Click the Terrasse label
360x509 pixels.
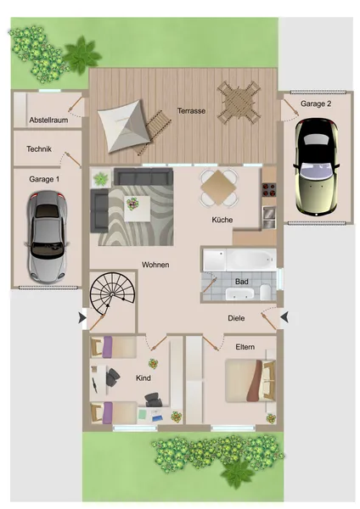point(191,110)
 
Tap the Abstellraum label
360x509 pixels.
point(48,120)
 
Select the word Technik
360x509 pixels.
point(39,149)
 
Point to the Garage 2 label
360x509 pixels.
point(316,103)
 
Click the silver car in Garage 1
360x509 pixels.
point(47,238)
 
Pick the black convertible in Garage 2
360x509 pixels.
point(317,167)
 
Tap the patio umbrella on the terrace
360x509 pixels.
point(124,126)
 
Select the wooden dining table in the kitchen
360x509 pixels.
point(218,188)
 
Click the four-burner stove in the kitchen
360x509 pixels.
point(269,190)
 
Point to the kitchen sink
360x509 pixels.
point(269,217)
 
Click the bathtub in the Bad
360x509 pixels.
point(251,260)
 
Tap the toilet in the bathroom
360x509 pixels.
point(266,292)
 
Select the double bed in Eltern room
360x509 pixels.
point(250,380)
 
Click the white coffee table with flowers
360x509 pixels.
point(137,209)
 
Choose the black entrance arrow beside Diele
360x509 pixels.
point(284,317)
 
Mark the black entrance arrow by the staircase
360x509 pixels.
point(82,318)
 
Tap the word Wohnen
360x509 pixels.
point(155,265)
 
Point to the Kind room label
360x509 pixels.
point(143,378)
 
